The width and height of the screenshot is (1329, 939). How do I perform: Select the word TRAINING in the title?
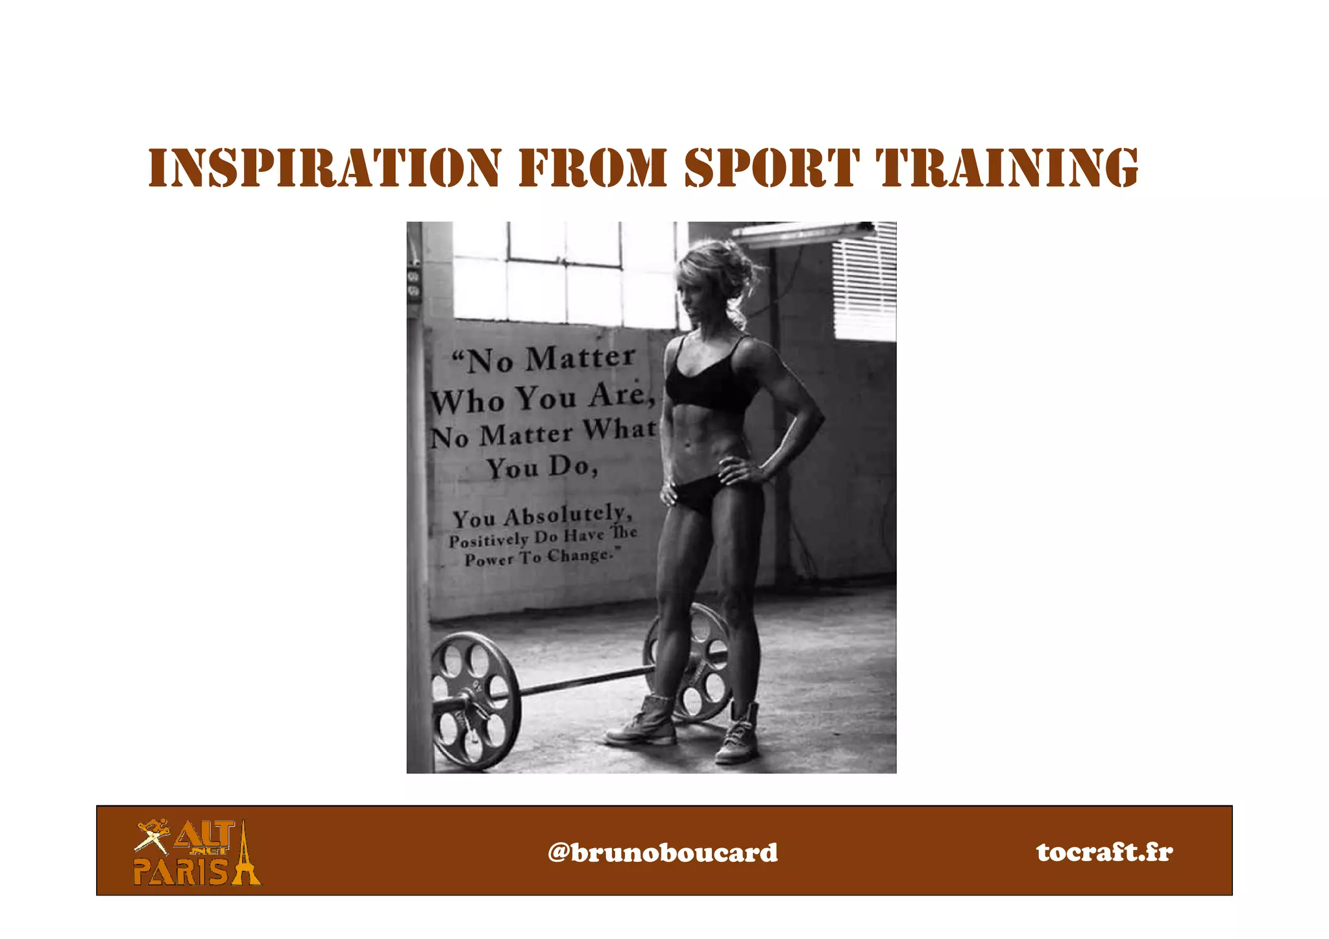click(1007, 167)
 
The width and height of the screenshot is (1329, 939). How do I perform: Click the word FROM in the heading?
click(592, 167)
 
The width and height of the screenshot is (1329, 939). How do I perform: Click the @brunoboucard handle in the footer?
click(663, 852)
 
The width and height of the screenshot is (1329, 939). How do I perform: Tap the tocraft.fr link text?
click(1104, 851)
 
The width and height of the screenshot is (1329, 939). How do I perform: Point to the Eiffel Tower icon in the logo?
click(245, 853)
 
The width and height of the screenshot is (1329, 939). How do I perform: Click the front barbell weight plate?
click(476, 701)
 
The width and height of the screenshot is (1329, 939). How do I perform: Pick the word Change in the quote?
click(579, 555)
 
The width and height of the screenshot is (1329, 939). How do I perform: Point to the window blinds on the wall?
click(864, 282)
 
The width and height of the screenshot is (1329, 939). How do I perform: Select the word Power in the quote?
click(488, 559)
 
